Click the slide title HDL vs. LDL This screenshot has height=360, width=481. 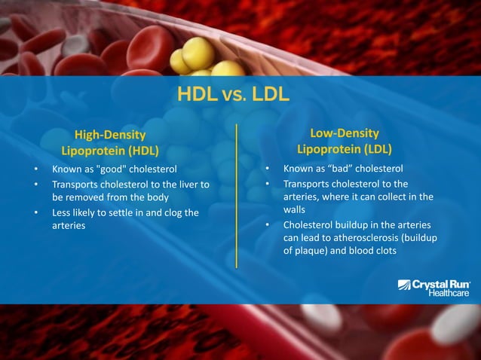coord(234,95)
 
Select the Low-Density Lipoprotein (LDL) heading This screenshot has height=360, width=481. coord(344,141)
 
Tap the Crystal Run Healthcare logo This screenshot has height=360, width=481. coord(434,287)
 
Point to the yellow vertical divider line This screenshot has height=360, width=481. coord(237,196)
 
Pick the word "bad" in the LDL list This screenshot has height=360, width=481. coord(339,169)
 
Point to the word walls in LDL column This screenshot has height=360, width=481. coord(294,210)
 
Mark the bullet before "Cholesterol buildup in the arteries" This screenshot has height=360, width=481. coord(267,224)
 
